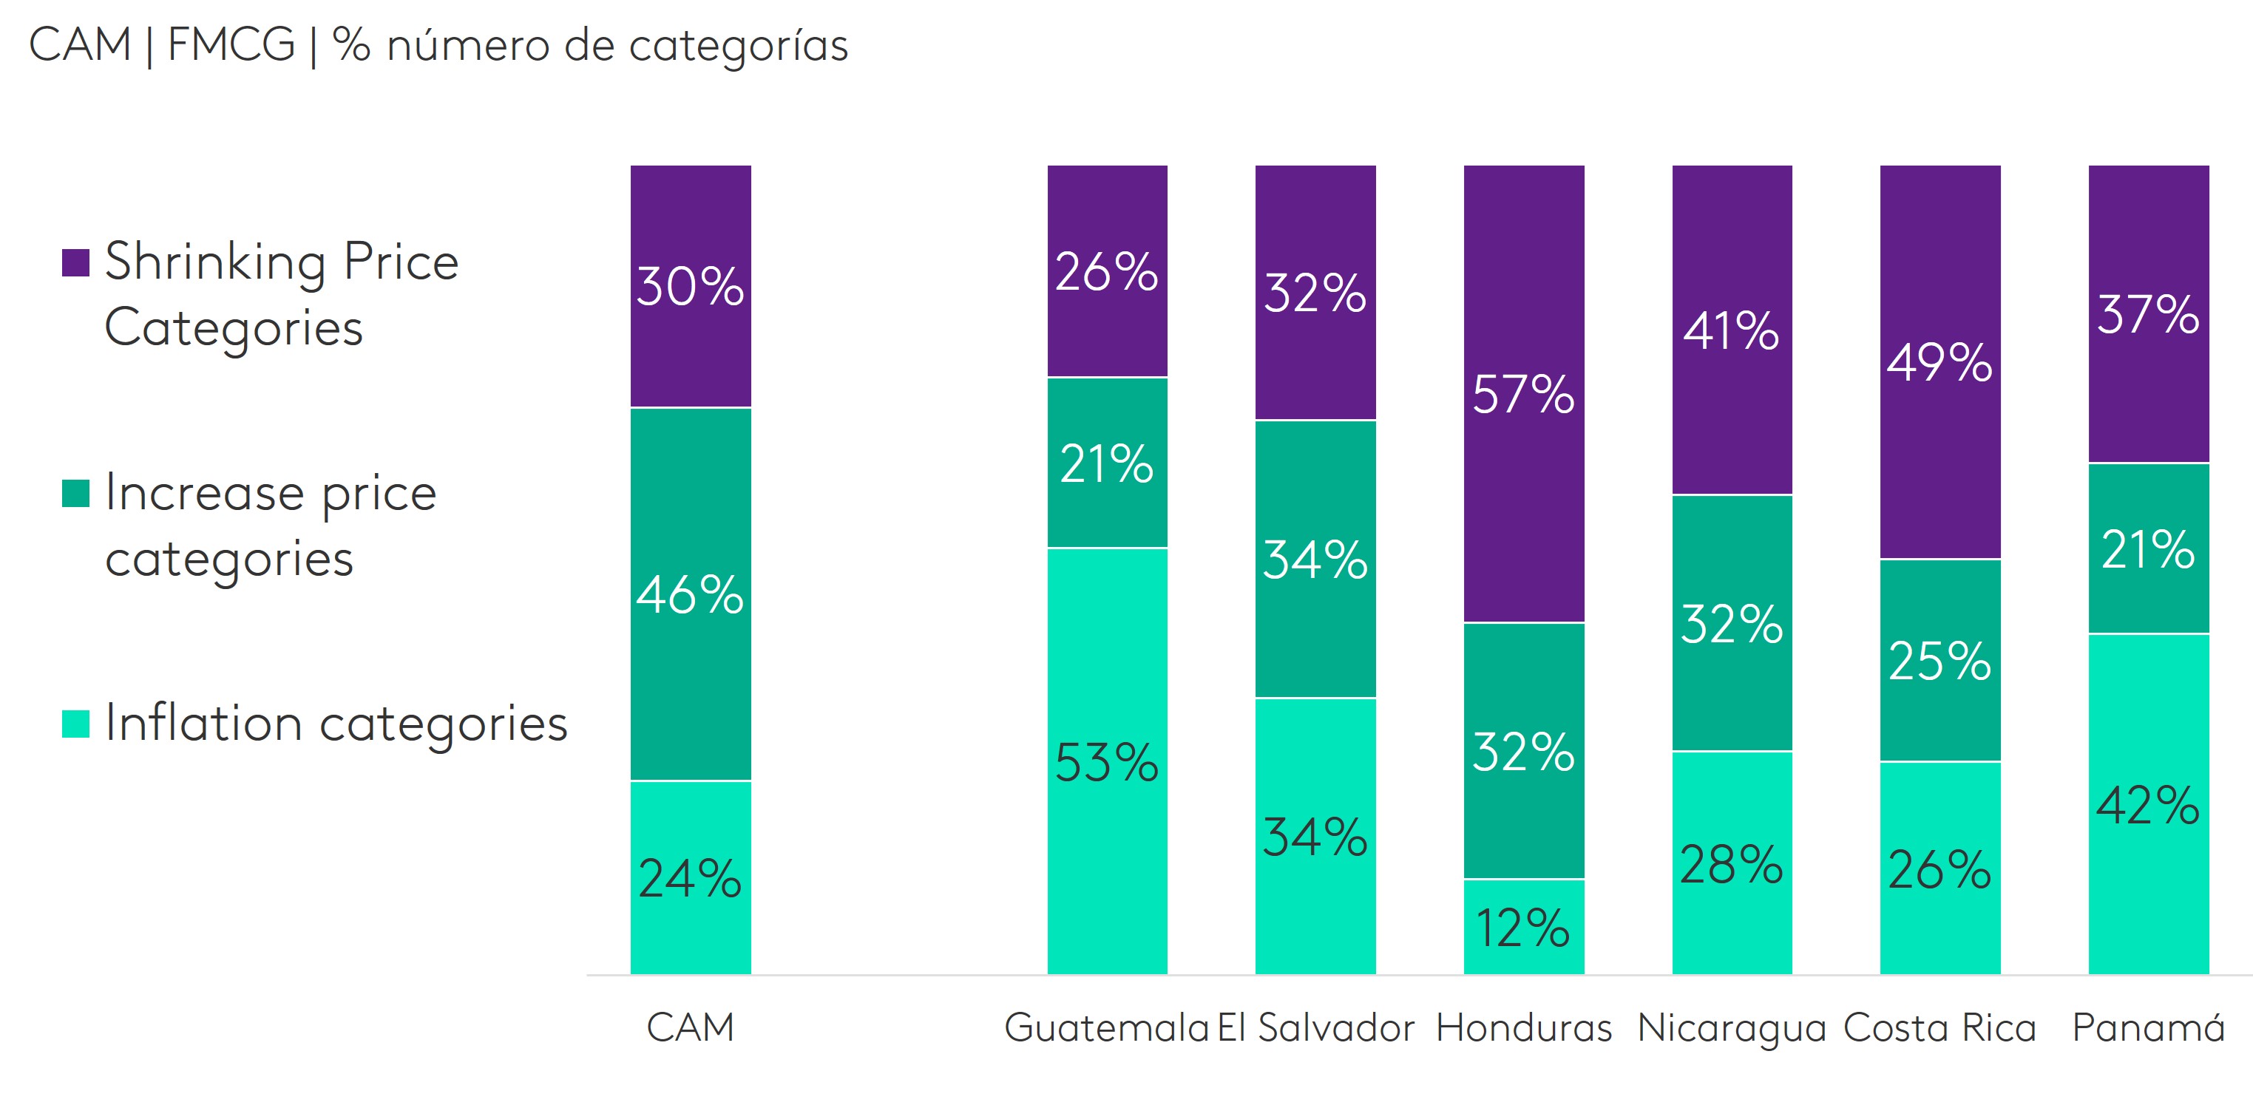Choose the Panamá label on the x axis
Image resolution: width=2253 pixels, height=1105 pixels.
[x=2148, y=1027]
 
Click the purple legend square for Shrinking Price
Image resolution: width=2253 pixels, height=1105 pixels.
[x=76, y=262]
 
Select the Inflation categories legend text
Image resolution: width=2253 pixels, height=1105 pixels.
[x=336, y=723]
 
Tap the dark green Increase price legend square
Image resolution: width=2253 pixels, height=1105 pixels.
[x=76, y=493]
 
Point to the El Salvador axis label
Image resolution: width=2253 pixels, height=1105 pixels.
[x=1315, y=1027]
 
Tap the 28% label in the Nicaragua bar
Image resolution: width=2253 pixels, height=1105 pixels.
[x=1731, y=866]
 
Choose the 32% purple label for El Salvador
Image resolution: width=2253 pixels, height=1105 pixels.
[x=1315, y=293]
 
